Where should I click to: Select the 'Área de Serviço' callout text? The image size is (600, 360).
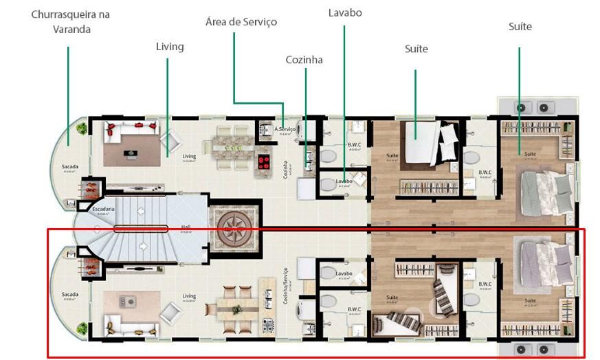coord(241,22)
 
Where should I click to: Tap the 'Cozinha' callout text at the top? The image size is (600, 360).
coord(304,60)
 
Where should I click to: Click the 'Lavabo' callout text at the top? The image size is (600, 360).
coord(345,13)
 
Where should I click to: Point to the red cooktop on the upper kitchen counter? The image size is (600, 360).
coord(263,162)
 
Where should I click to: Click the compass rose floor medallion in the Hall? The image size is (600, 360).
coord(235,226)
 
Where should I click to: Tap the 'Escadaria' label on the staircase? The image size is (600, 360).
coord(105,209)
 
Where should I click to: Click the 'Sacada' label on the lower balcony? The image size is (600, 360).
coord(69,295)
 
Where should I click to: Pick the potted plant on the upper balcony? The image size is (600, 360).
coord(82,128)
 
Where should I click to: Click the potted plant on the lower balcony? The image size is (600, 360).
coord(84,328)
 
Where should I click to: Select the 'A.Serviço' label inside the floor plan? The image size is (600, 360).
coord(285,129)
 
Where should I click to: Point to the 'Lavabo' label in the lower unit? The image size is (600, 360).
coord(345,274)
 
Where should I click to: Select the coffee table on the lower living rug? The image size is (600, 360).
coord(128,300)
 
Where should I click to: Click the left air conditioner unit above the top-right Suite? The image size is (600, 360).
coord(521,107)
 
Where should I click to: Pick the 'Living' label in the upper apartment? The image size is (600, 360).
coord(189,157)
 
